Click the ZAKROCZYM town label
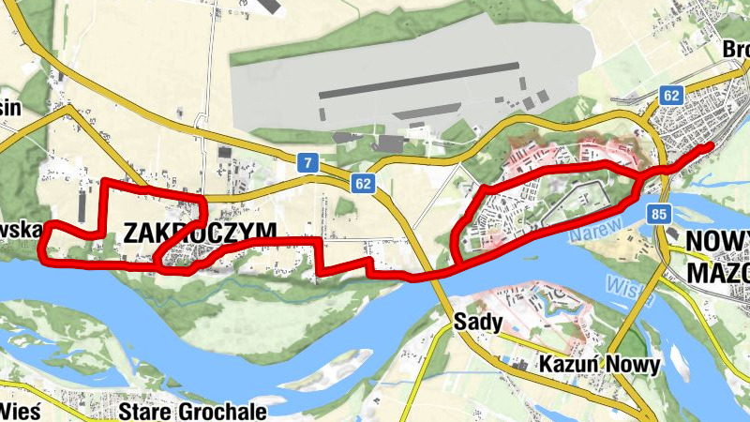coord(200,232)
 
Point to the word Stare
coord(151,411)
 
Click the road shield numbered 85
coord(657,216)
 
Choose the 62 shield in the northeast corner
coord(670,95)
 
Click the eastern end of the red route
coord(710,145)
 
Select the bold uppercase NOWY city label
coord(717,241)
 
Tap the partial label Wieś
coord(18,410)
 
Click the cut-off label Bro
coord(737,49)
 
